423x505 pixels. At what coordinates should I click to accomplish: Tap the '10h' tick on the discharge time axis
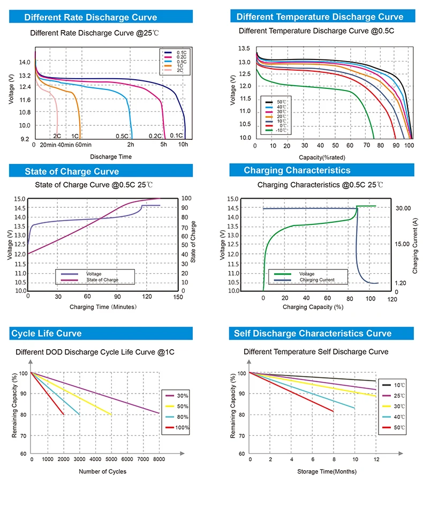tap(184, 145)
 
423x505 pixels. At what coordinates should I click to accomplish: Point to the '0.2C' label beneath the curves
tap(155, 136)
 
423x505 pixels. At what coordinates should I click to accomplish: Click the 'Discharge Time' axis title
tap(111, 156)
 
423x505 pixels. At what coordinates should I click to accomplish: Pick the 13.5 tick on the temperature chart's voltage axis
tap(244, 49)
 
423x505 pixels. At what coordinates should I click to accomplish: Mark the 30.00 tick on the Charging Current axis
tap(403, 208)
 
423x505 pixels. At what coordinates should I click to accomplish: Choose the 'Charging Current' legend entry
tap(316, 280)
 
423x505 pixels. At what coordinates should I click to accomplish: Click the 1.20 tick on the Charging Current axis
tap(401, 283)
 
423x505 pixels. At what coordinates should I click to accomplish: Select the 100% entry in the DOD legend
tap(182, 427)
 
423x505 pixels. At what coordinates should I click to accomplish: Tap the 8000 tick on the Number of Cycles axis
tap(158, 459)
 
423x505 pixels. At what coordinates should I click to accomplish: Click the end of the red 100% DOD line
tap(64, 414)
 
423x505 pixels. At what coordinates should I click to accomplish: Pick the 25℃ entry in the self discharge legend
tap(399, 396)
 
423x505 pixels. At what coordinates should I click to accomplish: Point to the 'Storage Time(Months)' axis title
tap(327, 471)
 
